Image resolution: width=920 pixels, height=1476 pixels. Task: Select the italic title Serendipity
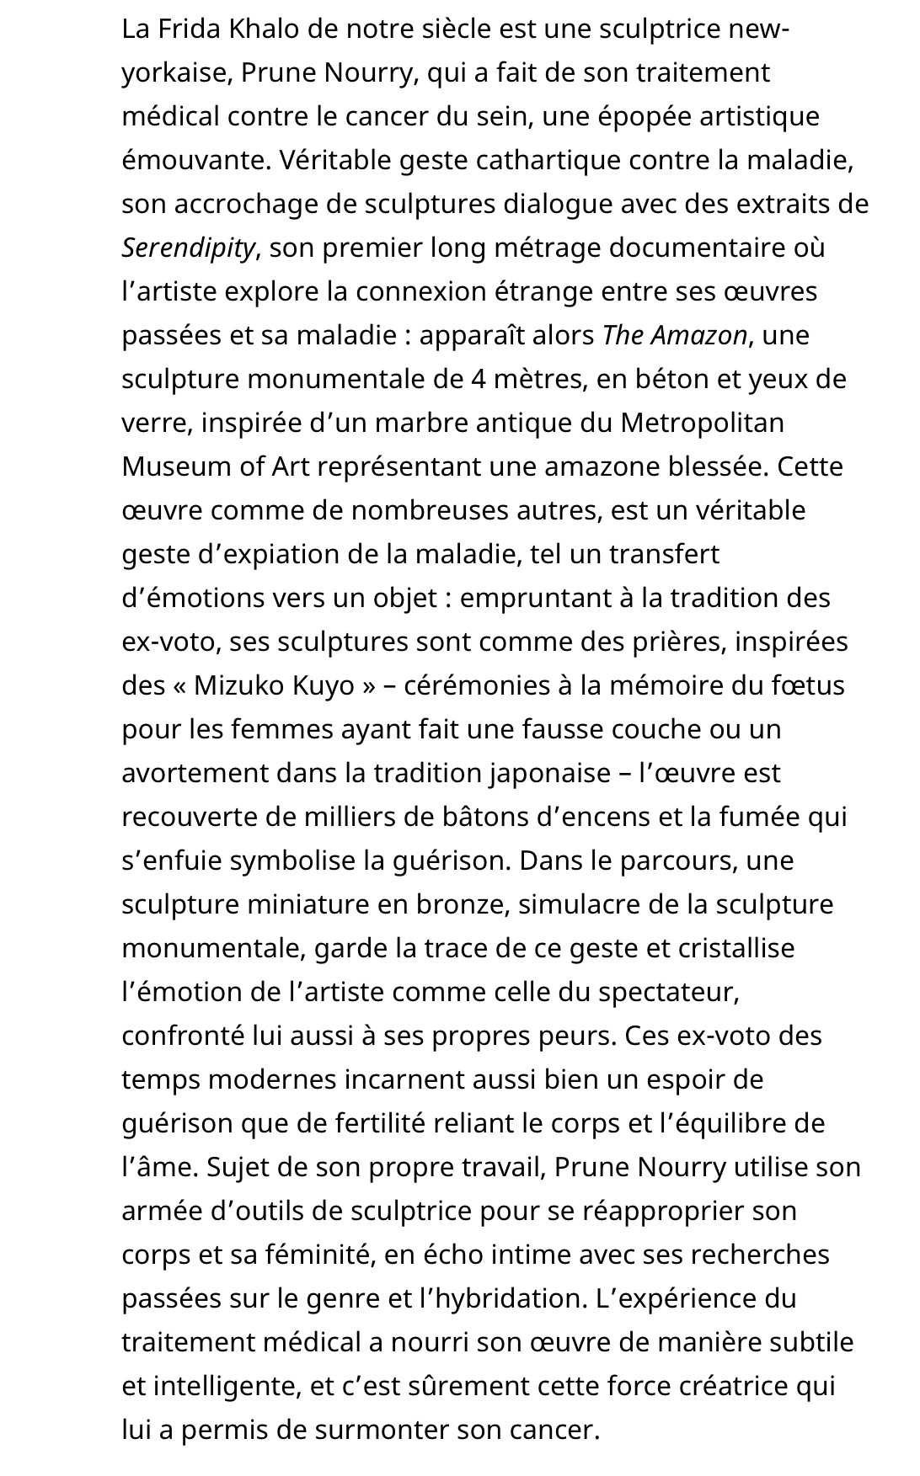tap(188, 248)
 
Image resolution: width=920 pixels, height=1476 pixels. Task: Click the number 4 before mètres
tap(479, 379)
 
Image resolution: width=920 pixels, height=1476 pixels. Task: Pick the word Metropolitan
tap(702, 423)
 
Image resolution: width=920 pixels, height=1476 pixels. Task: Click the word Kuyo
tap(324, 685)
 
